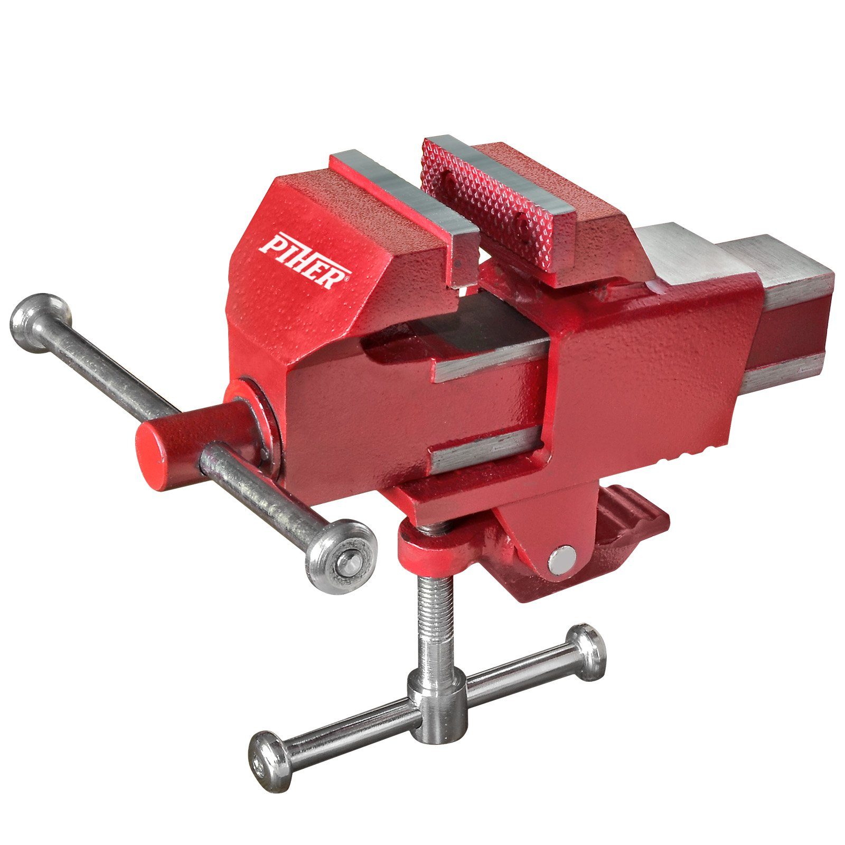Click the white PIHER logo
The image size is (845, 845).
305,260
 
